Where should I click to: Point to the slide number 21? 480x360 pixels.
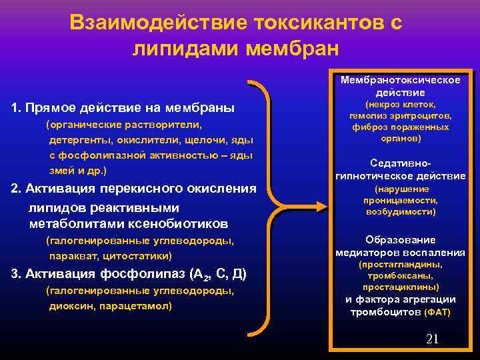432,339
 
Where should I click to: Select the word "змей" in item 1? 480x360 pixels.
61,171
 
